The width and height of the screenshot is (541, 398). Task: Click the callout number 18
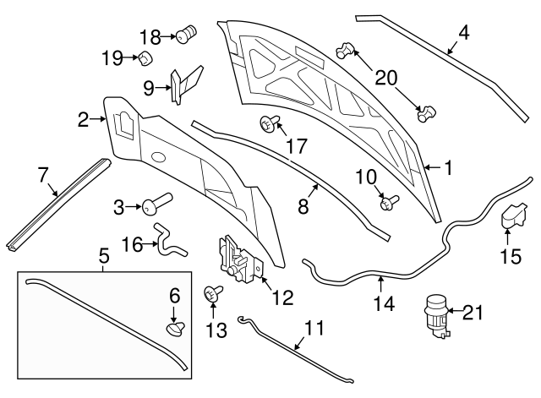pos(150,36)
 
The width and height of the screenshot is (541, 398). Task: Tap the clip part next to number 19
pos(145,58)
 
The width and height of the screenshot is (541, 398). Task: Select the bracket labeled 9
pos(186,83)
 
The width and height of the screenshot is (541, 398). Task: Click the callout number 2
pos(83,120)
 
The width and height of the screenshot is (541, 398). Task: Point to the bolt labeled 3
pos(156,203)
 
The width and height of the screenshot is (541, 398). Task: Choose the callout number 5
pos(104,253)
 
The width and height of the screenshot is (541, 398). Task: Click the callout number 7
pos(43,175)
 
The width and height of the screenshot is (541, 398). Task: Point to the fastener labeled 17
pos(268,126)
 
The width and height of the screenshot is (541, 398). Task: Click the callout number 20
pos(386,78)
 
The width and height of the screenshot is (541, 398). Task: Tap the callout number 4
pos(463,35)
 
